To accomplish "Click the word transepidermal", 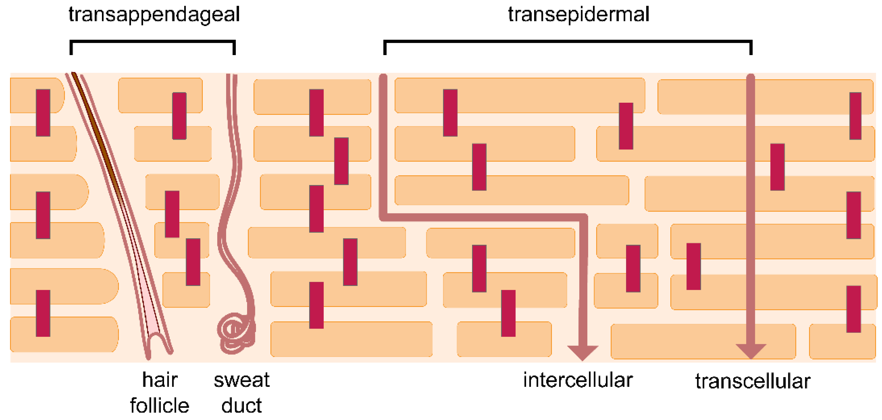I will click(578, 15).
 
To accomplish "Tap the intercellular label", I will click(578, 381).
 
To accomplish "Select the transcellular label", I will click(753, 381).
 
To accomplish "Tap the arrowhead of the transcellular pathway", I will click(750, 351).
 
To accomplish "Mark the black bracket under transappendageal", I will click(152, 42).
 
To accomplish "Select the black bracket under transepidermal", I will click(568, 42).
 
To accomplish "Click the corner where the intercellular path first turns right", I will click(383, 217).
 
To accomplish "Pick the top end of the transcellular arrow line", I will click(750, 78).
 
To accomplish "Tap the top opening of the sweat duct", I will click(232, 76).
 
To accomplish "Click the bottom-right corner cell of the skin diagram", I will click(842, 342).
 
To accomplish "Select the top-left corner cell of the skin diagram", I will click(36, 95).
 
